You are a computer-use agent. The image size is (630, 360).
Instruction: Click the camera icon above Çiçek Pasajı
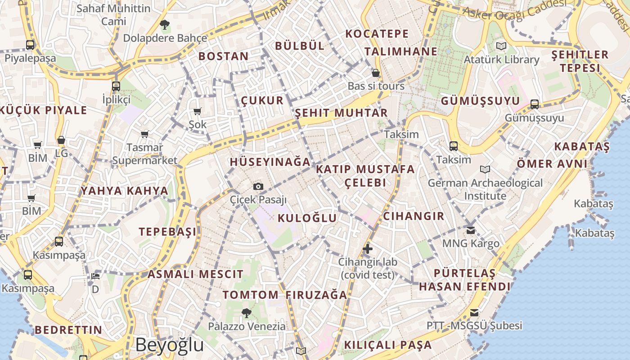click(258, 186)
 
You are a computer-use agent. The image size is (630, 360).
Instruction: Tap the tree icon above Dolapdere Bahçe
click(165, 24)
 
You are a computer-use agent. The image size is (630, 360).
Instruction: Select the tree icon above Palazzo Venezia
click(246, 313)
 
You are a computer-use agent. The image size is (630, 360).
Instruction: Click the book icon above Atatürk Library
click(501, 46)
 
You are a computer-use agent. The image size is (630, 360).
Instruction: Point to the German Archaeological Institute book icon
click(485, 169)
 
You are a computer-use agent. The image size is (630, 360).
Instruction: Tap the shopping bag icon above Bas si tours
click(376, 73)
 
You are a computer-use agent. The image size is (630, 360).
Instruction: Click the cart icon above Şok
click(197, 111)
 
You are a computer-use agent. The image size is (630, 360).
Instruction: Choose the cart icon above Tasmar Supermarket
click(144, 134)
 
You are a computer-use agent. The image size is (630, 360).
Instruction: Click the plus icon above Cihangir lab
click(368, 248)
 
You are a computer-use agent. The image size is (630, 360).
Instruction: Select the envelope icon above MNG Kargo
click(471, 230)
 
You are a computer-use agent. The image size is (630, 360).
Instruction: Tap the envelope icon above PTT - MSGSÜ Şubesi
click(474, 312)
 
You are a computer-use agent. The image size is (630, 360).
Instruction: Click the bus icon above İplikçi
click(116, 86)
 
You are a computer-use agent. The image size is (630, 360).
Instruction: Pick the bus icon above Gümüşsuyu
click(535, 104)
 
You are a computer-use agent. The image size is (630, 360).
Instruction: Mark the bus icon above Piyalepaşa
click(30, 45)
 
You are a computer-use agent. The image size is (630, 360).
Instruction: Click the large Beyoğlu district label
click(169, 345)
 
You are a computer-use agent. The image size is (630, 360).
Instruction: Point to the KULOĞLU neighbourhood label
click(307, 218)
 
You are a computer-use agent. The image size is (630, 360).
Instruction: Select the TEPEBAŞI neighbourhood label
click(167, 232)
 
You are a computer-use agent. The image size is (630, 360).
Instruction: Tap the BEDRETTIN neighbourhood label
click(68, 330)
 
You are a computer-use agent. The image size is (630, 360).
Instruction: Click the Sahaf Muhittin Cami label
click(113, 14)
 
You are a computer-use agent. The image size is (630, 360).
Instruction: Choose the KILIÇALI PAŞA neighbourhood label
click(388, 345)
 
